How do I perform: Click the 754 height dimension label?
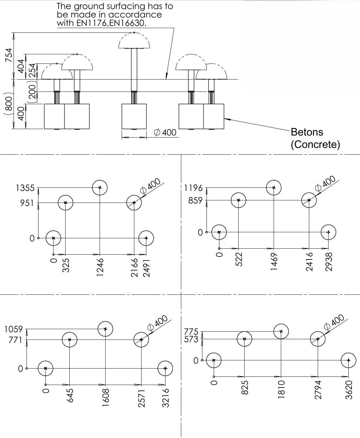pos(9,55)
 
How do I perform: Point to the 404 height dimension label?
pos(21,66)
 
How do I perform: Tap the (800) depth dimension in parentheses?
pos(9,103)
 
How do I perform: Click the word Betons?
pos(307,132)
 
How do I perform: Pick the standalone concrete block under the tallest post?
pos(134,116)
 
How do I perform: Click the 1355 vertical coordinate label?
pos(25,188)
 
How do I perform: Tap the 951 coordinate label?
pos(27,203)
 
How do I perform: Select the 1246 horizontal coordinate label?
pos(100,267)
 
